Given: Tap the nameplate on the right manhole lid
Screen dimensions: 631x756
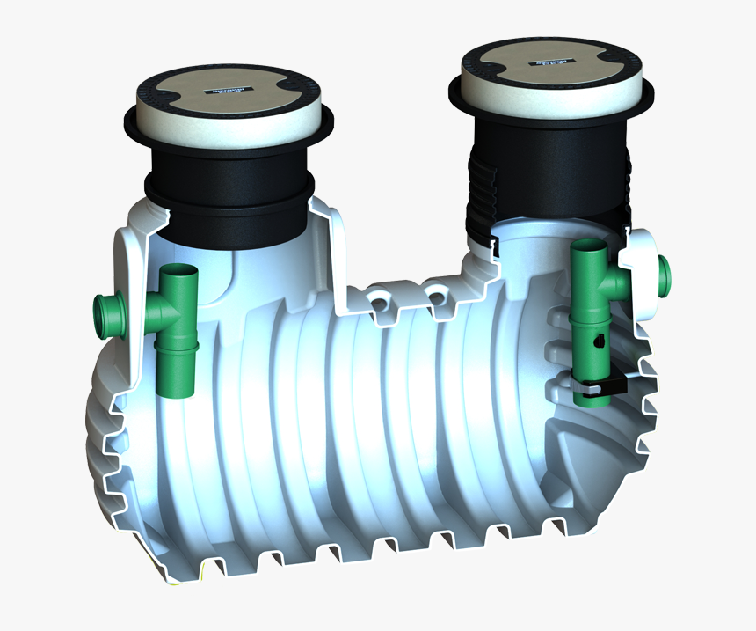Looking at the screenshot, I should (x=550, y=63).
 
